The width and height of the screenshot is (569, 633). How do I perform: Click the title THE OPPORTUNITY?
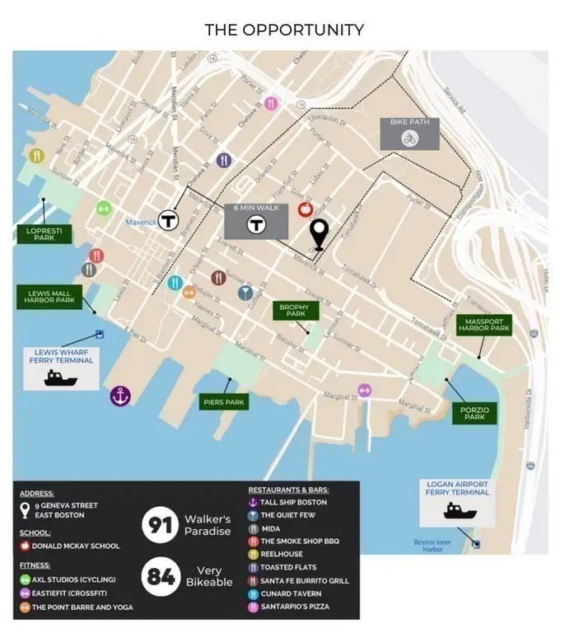tap(284, 30)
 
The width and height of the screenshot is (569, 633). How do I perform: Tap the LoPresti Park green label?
tap(40, 235)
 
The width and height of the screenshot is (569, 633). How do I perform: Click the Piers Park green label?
tap(223, 403)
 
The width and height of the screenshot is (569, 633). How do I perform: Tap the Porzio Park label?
tap(475, 413)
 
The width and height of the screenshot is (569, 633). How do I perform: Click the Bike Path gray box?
tap(409, 132)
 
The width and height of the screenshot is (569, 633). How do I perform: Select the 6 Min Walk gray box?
tap(256, 220)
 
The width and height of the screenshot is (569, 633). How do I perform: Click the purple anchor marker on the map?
tap(121, 396)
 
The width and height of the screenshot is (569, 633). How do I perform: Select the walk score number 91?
tap(156, 526)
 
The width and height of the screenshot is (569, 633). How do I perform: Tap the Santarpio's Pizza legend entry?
tap(300, 607)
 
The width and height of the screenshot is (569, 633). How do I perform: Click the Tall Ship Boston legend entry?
tap(293, 502)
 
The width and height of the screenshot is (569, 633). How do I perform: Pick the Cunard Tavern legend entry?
tap(293, 594)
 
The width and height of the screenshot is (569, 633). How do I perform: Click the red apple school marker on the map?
tap(305, 209)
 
